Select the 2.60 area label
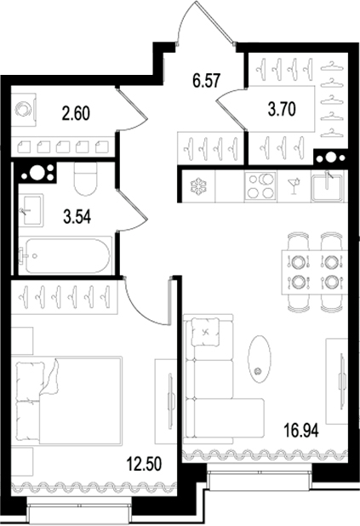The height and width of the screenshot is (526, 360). coord(75,110)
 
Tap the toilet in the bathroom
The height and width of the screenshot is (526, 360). coord(86,180)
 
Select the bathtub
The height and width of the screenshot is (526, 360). coord(65,256)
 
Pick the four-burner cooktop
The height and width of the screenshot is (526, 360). coord(261,186)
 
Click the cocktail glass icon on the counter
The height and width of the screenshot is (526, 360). coord(292,186)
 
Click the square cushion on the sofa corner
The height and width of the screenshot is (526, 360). coord(208,331)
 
